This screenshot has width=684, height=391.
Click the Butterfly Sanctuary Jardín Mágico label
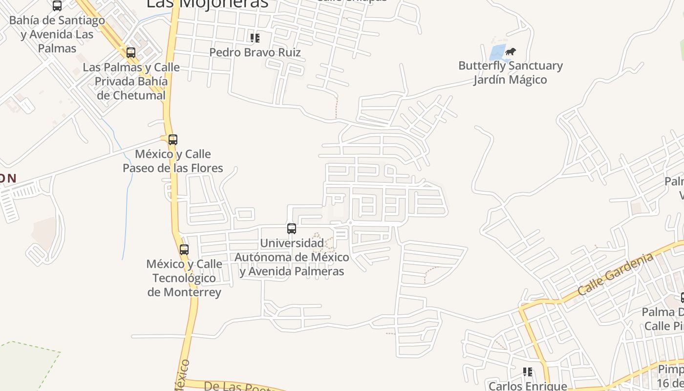(510, 72)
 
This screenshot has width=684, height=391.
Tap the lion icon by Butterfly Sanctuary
(511, 51)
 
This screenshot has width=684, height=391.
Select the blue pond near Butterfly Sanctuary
(497, 52)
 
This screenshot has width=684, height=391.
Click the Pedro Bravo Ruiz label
(255, 52)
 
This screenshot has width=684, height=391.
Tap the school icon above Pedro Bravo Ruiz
(255, 38)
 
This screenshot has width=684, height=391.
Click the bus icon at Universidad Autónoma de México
(292, 228)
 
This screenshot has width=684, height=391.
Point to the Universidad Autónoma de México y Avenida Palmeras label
(292, 257)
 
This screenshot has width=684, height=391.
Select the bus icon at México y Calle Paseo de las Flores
(172, 140)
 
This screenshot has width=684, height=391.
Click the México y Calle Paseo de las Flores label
(173, 161)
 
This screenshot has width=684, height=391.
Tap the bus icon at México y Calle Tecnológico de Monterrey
(184, 250)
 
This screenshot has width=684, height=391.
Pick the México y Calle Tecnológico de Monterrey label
(184, 278)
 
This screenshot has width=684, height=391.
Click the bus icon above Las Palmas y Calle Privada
(131, 53)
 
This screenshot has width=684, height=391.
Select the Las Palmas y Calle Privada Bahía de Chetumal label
(131, 81)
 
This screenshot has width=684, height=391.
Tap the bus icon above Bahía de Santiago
(57, 6)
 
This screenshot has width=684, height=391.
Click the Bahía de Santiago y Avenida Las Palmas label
(57, 34)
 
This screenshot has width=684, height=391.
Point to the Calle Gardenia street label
(615, 274)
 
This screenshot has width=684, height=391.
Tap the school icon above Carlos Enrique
(527, 372)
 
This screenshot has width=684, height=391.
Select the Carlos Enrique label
(528, 386)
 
